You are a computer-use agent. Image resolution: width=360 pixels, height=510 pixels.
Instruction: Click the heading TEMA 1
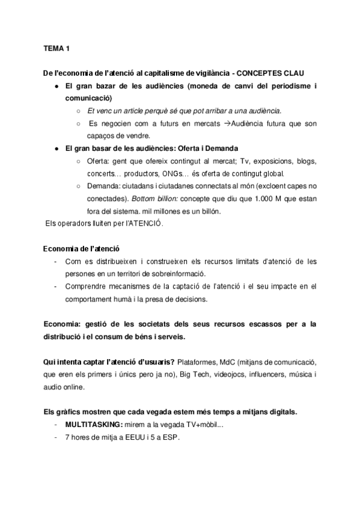coord(56,47)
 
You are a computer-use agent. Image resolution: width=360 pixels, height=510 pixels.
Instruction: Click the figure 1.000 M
coord(270,198)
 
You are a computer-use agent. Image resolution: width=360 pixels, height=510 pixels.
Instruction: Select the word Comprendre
coord(84,286)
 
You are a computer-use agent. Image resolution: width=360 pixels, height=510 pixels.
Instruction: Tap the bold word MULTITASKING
coord(91,425)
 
